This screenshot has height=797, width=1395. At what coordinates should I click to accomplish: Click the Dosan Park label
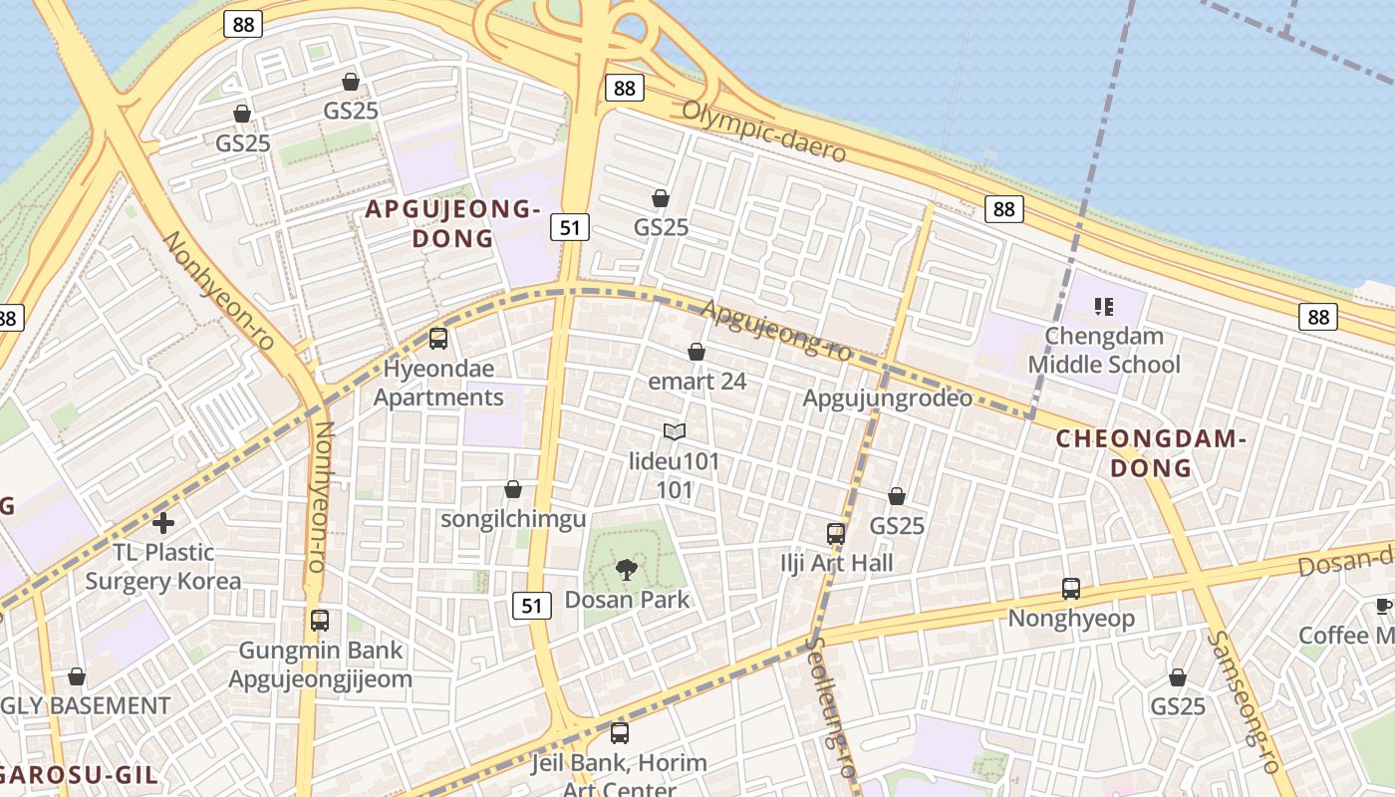(x=627, y=600)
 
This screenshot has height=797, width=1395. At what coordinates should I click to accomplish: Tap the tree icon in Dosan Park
(x=627, y=570)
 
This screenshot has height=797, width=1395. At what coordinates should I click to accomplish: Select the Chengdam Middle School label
(x=1104, y=351)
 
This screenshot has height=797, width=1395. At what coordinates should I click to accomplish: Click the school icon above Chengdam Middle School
(x=1103, y=306)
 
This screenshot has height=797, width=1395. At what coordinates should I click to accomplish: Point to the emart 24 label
(x=697, y=382)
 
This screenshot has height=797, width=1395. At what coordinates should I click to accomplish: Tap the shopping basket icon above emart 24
(x=697, y=352)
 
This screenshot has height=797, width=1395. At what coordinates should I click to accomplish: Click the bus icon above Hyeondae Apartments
(x=438, y=339)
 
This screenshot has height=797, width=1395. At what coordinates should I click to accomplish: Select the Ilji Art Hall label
(x=836, y=563)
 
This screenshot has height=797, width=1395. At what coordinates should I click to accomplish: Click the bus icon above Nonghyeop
(x=1071, y=589)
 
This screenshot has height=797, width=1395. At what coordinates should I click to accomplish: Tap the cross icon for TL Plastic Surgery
(x=163, y=522)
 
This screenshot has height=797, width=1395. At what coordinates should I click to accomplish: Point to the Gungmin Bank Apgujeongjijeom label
(x=320, y=664)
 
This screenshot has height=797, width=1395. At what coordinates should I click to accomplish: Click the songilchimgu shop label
(x=513, y=519)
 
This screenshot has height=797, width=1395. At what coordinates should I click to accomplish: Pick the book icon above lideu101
(x=675, y=431)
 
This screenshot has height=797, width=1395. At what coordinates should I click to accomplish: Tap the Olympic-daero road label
(x=763, y=132)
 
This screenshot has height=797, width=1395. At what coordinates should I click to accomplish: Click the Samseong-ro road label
(x=1243, y=701)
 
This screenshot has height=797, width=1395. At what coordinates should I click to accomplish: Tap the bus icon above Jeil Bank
(x=620, y=733)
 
